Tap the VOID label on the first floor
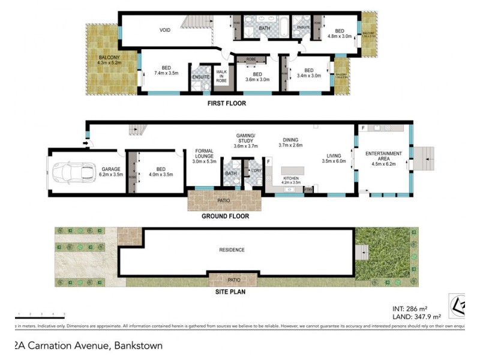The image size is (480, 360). click(165, 30)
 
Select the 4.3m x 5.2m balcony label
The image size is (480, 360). click(110, 59)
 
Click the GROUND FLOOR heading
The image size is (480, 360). click(225, 216)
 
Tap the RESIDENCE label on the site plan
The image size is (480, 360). click(232, 250)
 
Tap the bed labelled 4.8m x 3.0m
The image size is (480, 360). click(339, 34)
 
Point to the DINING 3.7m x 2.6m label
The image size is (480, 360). click(290, 142)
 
